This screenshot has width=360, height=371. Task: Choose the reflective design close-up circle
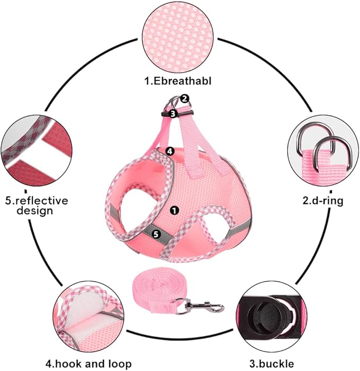click(36, 153)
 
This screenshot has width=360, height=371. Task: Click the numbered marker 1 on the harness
click(175, 210)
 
